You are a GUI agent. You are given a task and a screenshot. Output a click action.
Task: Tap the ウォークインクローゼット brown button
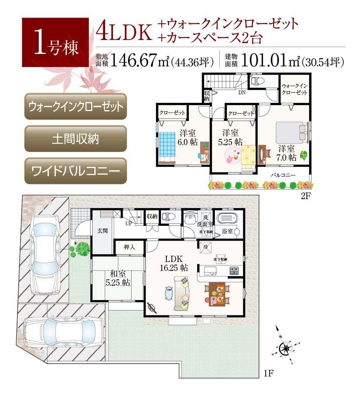(76, 106)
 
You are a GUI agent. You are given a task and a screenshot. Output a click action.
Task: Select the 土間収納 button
(76, 139)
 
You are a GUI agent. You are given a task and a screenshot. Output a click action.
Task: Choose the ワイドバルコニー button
(76, 171)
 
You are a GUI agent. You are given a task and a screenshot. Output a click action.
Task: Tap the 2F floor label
(306, 196)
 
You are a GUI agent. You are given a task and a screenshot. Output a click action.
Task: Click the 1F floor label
(269, 374)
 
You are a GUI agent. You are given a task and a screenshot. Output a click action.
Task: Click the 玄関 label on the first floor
(102, 231)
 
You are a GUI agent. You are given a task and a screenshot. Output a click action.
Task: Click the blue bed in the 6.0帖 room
(167, 144)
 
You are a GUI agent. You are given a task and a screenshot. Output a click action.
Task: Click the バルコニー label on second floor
(283, 175)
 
